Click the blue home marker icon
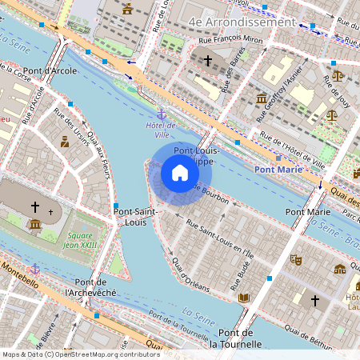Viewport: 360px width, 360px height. (x=180, y=172)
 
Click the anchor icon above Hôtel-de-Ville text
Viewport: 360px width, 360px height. (x=161, y=114)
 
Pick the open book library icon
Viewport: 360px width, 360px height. (x=244, y=298)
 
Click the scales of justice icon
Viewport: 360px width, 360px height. (x=337, y=76)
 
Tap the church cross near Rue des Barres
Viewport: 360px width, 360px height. (x=208, y=60)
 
